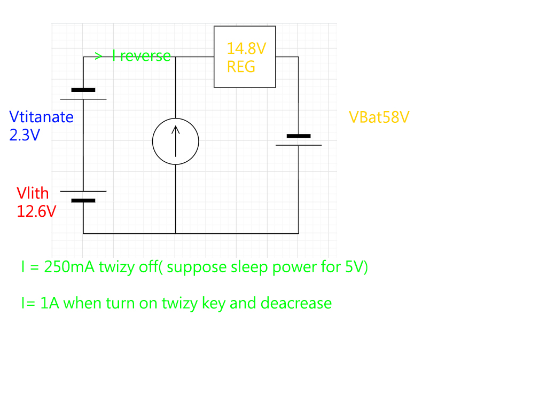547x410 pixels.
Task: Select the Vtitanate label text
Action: [41, 117]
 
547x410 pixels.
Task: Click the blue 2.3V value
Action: [25, 135]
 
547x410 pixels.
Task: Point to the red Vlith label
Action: [33, 193]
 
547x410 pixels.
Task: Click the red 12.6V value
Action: [36, 211]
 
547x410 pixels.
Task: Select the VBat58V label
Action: [379, 117]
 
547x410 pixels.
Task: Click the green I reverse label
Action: [141, 56]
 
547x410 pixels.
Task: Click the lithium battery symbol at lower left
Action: [83, 196]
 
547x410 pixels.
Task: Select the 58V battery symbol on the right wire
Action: [298, 140]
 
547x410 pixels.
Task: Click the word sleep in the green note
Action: [249, 267]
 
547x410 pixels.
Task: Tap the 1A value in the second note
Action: [51, 303]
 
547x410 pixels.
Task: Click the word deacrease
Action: [296, 303]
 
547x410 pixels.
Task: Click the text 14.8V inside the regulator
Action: [246, 49]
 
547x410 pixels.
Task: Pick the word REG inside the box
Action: [241, 67]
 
